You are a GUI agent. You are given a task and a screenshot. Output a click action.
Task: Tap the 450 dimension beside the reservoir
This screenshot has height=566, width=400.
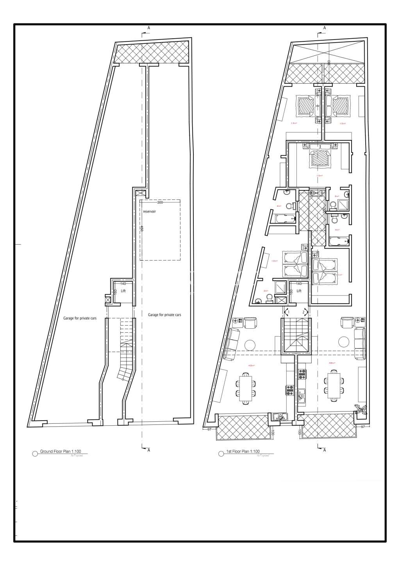(142, 229)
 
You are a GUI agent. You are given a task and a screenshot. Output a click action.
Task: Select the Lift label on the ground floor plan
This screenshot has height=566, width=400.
(123, 291)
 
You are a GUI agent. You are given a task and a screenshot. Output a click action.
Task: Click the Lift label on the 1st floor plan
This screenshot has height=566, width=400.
(299, 291)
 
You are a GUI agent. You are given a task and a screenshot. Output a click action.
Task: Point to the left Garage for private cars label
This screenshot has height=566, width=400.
(80, 318)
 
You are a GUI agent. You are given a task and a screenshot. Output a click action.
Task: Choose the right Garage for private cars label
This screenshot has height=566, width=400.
(164, 315)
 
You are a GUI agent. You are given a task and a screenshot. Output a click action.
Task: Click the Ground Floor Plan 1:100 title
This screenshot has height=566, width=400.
(60, 452)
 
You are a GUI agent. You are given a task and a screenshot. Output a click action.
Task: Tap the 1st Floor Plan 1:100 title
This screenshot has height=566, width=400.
(243, 452)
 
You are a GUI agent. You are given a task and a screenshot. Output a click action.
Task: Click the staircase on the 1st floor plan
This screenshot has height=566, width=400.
(296, 336)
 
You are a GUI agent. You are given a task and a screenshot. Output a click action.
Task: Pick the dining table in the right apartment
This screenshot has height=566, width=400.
(334, 386)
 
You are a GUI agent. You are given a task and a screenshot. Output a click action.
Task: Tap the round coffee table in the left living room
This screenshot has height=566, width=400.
(250, 345)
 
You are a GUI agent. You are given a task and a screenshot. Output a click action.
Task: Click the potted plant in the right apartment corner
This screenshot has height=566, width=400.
(361, 409)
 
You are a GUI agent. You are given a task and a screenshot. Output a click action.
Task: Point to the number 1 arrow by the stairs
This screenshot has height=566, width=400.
(288, 312)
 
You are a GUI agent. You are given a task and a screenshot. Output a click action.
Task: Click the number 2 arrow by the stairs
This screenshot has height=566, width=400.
(304, 312)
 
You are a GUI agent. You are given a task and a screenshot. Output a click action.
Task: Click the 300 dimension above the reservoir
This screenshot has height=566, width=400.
(159, 203)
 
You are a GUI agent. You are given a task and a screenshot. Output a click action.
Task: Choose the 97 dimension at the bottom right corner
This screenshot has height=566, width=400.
(362, 426)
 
